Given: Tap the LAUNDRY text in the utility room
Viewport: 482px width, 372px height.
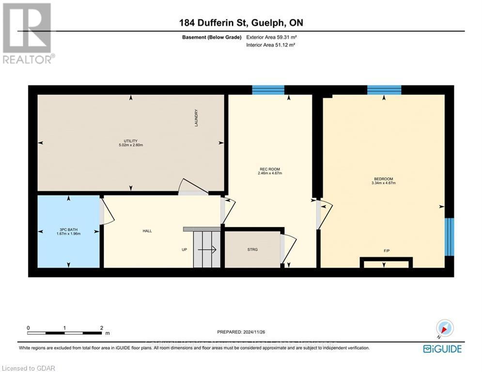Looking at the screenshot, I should pos(197,118).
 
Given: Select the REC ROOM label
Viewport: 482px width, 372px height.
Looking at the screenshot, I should pos(270,169).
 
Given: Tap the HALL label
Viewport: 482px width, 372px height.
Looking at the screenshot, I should pos(147,231).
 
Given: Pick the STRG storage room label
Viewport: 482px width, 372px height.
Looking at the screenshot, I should pos(252,249).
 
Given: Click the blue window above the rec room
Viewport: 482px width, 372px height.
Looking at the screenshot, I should pos(268,90).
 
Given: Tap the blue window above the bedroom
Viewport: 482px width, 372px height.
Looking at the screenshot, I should pos(384,90).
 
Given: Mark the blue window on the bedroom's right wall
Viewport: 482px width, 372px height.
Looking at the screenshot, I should pos(450,236).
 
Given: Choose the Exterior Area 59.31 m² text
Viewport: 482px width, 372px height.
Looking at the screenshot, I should pos(271,37).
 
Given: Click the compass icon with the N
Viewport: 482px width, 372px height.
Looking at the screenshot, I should pos(444,328).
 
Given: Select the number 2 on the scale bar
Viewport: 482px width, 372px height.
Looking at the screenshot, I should pos(102,328).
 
